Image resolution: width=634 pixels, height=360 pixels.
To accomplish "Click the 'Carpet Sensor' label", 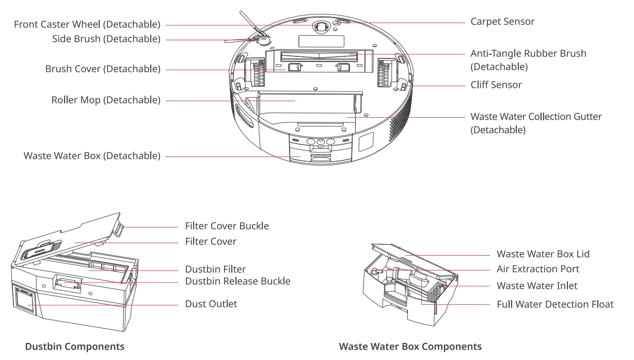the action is [502, 22].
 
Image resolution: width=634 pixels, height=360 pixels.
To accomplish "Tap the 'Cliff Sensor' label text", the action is [496, 85].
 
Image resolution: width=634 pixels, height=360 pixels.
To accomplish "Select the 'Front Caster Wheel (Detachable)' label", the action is [87, 24].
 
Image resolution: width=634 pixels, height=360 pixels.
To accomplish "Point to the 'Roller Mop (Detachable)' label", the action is [106, 100].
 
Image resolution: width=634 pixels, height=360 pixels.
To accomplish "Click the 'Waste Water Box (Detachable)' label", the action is [92, 156].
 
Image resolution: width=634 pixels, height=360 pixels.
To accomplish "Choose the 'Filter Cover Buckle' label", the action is [227, 226].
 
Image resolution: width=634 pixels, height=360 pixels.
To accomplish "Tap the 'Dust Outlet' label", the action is [211, 304].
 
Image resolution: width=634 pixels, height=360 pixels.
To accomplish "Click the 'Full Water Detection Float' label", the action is [555, 304].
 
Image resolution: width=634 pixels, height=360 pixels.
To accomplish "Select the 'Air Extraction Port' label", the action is [538, 269].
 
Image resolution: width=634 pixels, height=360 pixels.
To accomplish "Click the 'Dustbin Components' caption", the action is [75, 347].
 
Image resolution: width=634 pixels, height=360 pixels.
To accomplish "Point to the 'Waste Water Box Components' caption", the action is [410, 347].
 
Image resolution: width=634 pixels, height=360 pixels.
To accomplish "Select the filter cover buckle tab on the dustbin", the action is [119, 230].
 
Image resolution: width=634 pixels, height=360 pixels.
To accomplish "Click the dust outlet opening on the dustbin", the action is [25, 300].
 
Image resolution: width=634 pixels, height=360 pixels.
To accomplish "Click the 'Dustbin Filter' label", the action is [215, 269].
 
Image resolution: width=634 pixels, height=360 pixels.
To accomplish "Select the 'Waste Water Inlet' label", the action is [537, 286].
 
